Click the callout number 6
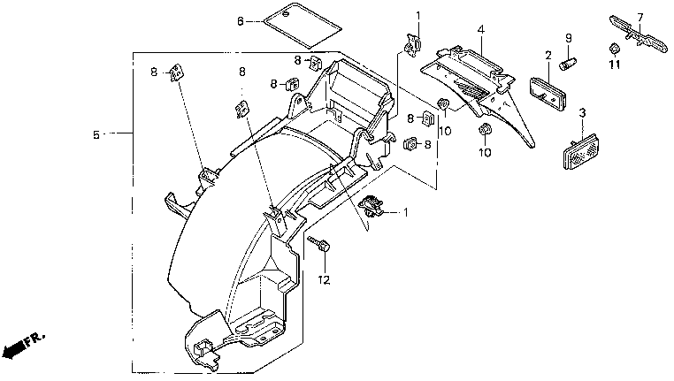coord(241,20)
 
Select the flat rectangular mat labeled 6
coord(303,25)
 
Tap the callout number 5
coord(96,135)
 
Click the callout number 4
coord(481,30)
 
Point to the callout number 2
coord(548,56)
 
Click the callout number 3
coord(582,113)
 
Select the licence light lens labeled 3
coord(582,152)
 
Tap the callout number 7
coord(640,18)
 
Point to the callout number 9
coord(568,38)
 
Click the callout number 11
coord(615,65)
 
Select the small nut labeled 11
coord(614,48)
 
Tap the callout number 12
coord(324,280)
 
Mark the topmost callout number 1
coord(417,16)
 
